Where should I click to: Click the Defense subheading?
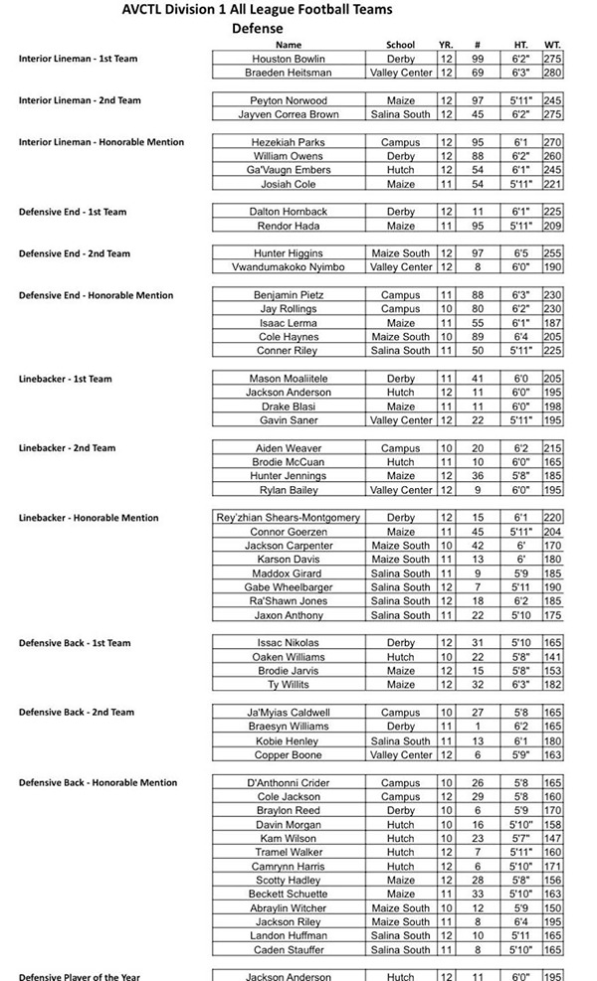(258, 29)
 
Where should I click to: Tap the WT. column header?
(552, 45)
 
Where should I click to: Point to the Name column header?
(289, 45)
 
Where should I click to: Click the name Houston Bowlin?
(289, 59)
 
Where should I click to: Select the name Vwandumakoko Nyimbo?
(289, 267)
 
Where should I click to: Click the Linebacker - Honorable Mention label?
(88, 518)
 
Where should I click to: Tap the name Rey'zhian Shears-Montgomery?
(289, 518)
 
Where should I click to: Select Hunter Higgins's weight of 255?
(552, 253)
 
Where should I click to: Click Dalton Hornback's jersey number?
(478, 212)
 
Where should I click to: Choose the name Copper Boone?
(289, 754)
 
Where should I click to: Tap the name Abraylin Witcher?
(289, 907)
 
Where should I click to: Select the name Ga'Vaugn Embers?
(289, 170)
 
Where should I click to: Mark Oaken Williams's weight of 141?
(552, 657)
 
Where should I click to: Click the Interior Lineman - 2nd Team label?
(80, 100)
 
